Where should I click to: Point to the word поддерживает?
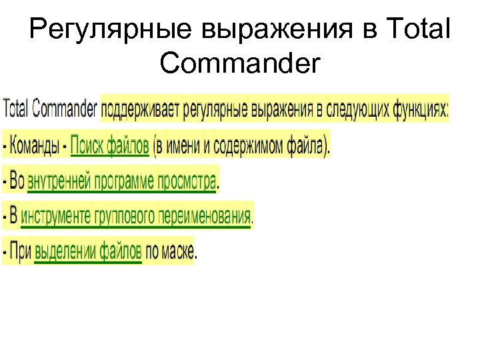point(141,109)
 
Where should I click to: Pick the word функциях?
point(419,109)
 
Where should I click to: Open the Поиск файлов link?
point(109,145)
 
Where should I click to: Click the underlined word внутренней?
point(59,181)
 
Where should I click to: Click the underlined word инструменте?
point(57,216)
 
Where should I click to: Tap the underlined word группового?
point(125,216)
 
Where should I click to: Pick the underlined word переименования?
point(205,216)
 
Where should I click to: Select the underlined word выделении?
point(65,251)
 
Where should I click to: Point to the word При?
point(20,251)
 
